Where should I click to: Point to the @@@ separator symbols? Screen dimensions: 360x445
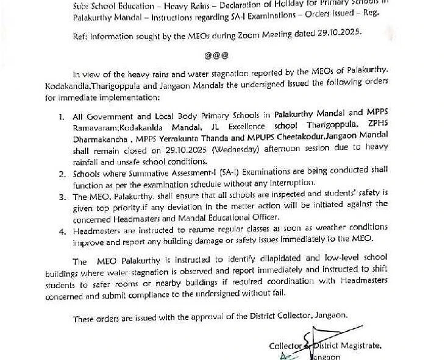click(x=216, y=55)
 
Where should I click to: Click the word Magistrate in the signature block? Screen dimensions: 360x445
click(x=360, y=346)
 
